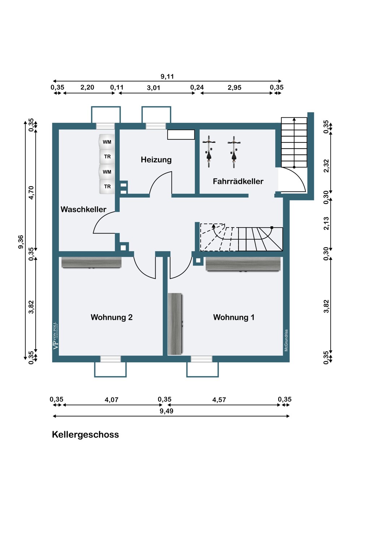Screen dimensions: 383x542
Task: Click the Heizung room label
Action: click(156, 160)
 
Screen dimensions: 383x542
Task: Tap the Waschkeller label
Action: click(83, 209)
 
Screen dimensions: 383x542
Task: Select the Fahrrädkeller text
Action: click(238, 181)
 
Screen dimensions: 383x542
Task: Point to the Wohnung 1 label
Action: click(234, 317)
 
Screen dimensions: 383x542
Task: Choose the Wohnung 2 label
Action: click(112, 317)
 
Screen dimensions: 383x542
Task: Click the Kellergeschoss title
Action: click(85, 435)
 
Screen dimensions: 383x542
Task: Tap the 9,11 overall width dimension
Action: click(167, 77)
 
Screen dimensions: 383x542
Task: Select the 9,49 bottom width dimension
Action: click(167, 411)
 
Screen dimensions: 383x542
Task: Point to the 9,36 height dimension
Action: click(21, 242)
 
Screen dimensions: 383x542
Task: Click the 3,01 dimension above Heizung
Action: click(154, 87)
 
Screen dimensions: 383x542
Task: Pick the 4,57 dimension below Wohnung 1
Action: click(219, 400)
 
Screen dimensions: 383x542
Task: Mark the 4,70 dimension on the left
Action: click(31, 193)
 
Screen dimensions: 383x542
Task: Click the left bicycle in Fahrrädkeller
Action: click(209, 152)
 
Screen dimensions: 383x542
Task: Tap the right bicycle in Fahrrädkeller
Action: click(234, 152)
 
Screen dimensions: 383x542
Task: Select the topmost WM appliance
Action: click(107, 142)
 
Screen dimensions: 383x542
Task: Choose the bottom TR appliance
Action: click(107, 186)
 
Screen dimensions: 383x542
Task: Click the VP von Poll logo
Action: click(56, 336)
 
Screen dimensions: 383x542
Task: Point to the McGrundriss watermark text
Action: click(286, 340)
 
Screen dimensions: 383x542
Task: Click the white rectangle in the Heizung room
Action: click(181, 134)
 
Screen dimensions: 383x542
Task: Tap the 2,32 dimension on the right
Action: click(326, 165)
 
